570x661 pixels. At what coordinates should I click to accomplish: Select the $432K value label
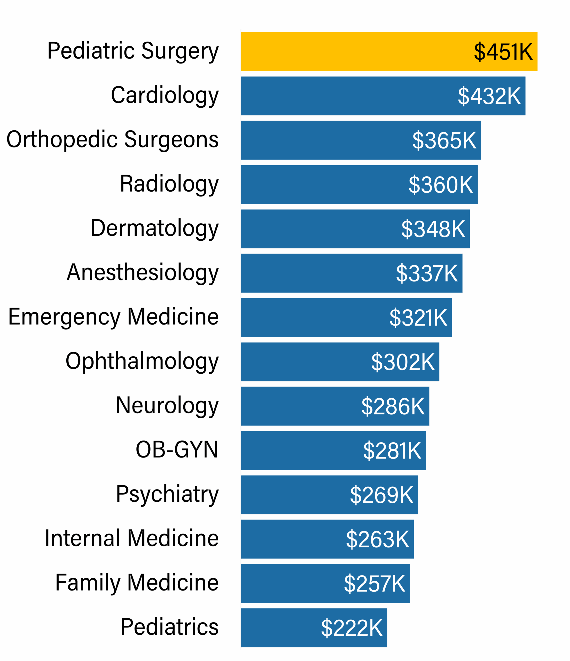489,96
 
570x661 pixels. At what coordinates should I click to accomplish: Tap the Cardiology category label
165,95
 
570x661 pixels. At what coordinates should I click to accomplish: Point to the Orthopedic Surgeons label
113,140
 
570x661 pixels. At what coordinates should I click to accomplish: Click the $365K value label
444,140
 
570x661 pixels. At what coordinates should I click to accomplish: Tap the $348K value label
433,229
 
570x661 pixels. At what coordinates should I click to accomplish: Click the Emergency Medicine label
114,317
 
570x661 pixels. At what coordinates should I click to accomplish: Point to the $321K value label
418,317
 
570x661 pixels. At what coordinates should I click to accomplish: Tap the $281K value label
392,451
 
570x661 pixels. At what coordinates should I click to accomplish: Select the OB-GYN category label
177,450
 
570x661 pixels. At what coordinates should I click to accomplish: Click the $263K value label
378,539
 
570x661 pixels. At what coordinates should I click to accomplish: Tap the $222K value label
352,628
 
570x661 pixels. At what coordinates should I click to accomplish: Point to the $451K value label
503,52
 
